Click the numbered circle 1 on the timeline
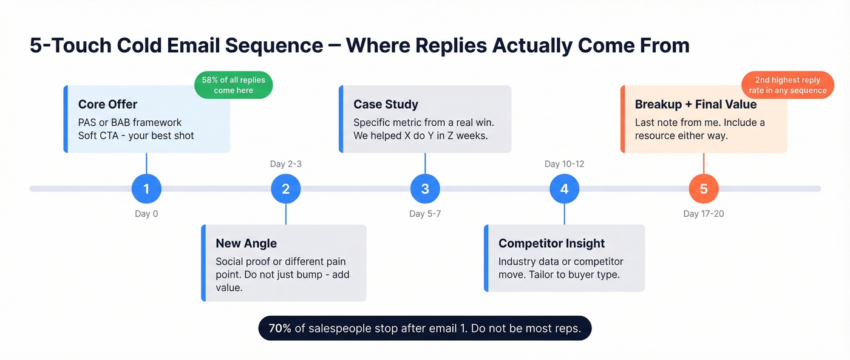[x=146, y=189]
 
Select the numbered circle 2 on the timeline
[x=285, y=189]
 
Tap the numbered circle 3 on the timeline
[x=425, y=189]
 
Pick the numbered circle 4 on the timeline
[x=564, y=189]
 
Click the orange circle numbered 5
[x=703, y=189]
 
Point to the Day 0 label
[x=146, y=214]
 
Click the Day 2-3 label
[x=285, y=164]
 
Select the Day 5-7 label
[x=425, y=214]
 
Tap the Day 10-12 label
[x=564, y=164]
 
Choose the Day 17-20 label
[x=703, y=214]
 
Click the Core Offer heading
[x=107, y=104]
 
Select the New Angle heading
[x=246, y=243]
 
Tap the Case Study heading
[x=386, y=104]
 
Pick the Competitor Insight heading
[x=551, y=243]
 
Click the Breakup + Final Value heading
[x=696, y=104]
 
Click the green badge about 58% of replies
[x=233, y=85]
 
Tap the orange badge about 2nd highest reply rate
[x=787, y=85]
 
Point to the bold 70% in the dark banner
[x=280, y=328]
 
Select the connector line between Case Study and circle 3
[x=425, y=163]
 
